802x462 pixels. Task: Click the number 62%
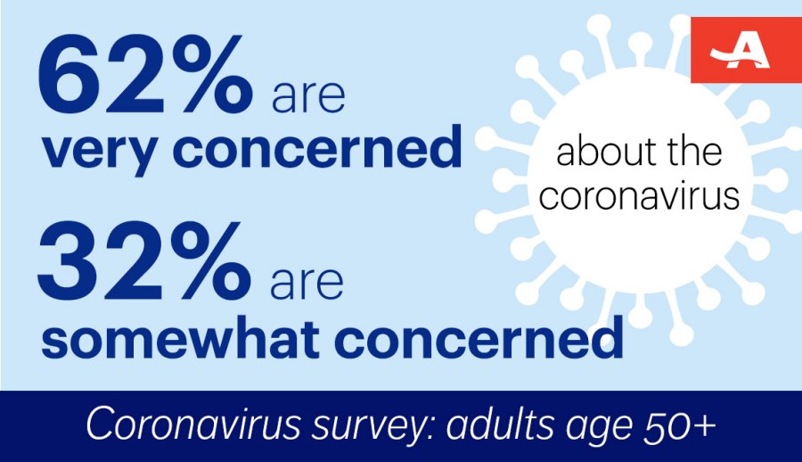144,74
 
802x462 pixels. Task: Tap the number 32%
143,261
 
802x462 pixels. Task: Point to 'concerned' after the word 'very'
317,145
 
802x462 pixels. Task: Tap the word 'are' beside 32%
307,284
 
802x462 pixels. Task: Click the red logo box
746,50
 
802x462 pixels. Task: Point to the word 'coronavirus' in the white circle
639,195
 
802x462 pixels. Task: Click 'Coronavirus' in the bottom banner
193,425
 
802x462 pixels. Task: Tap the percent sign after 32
209,261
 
